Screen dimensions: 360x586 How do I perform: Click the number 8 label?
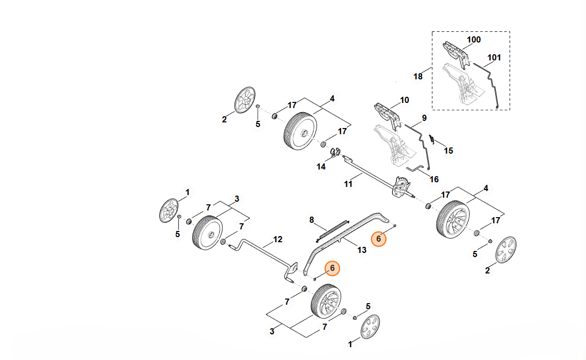click(x=311, y=220)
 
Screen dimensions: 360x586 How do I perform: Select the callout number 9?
click(x=424, y=118)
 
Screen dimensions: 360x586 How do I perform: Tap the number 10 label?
click(x=405, y=100)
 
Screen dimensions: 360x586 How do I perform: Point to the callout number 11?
click(x=348, y=184)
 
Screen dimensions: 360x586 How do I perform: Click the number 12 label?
click(x=278, y=239)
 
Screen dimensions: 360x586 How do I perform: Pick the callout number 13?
click(x=362, y=250)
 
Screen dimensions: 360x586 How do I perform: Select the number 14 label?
click(x=321, y=166)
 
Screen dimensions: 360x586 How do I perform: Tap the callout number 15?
click(x=448, y=151)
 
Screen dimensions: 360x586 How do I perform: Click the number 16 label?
click(x=434, y=179)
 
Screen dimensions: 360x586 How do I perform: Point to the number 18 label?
click(x=418, y=76)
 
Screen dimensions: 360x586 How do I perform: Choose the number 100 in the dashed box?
click(x=474, y=39)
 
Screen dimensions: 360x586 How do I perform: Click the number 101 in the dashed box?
click(x=494, y=57)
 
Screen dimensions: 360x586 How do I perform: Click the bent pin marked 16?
click(x=416, y=168)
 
